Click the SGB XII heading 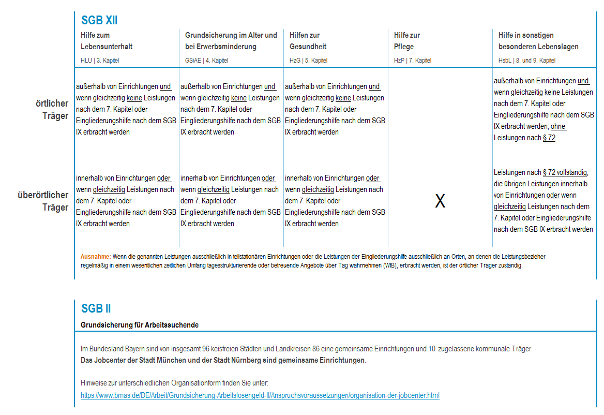point(99,20)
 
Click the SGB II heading point(96,308)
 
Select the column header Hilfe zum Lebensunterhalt point(107,41)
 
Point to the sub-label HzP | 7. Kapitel point(412,61)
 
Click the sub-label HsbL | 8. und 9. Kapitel point(527,61)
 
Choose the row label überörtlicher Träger point(44,201)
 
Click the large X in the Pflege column point(440,201)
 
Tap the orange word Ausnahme point(95,257)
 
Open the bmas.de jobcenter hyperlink point(260,395)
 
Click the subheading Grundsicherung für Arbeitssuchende point(140,325)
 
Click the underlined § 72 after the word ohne point(549,138)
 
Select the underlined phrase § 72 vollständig point(565,172)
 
